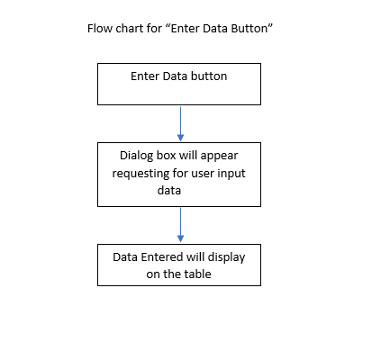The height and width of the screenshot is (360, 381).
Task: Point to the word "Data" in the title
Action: [218, 29]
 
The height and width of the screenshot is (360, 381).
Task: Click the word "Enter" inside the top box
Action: [146, 76]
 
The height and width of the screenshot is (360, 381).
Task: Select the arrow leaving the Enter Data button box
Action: [180, 121]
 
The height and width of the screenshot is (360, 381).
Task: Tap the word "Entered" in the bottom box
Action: [162, 257]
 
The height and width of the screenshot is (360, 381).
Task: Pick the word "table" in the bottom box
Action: [197, 274]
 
